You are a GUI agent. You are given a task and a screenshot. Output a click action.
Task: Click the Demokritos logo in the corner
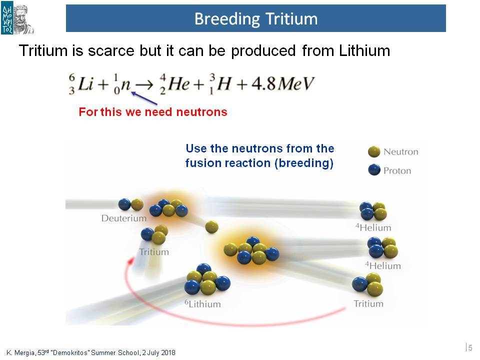click(x=17, y=19)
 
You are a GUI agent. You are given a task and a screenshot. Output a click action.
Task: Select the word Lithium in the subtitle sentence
click(x=364, y=50)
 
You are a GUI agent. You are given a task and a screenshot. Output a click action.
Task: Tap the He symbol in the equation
click(x=178, y=83)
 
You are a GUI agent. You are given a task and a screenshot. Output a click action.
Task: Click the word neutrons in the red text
click(x=201, y=112)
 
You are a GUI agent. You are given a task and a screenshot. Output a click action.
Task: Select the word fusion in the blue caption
click(x=202, y=163)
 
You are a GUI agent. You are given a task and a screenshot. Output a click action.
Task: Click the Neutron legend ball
click(x=374, y=151)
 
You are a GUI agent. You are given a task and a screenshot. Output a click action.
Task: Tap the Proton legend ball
click(x=374, y=170)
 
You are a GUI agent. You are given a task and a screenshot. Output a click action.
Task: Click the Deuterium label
click(x=124, y=218)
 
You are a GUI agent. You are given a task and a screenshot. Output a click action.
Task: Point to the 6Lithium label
click(x=202, y=304)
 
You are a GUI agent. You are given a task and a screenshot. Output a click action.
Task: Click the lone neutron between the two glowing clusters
click(x=211, y=227)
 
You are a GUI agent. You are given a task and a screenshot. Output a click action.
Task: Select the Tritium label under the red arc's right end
click(x=368, y=303)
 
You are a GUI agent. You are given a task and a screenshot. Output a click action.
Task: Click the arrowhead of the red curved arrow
click(x=131, y=261)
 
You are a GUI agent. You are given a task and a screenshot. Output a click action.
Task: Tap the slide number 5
click(x=470, y=348)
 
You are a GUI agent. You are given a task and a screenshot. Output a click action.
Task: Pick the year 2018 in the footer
click(x=168, y=352)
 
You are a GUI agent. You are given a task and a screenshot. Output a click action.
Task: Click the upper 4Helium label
click(x=373, y=227)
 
